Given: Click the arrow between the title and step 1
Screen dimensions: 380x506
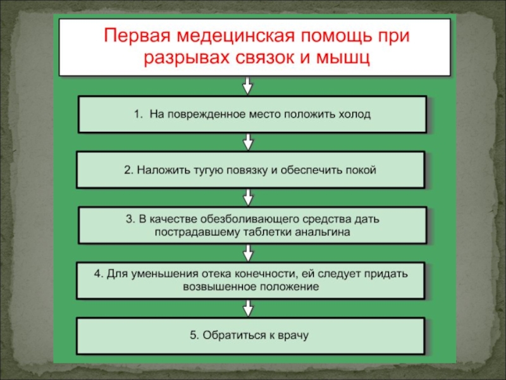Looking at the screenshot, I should (247, 85).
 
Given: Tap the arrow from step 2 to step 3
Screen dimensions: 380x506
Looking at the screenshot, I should (249, 196).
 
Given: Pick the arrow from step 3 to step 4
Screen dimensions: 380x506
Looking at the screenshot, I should (249, 252).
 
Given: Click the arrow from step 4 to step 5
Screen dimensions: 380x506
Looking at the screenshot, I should (248, 308).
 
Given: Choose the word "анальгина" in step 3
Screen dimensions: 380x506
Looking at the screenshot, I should (323, 232).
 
